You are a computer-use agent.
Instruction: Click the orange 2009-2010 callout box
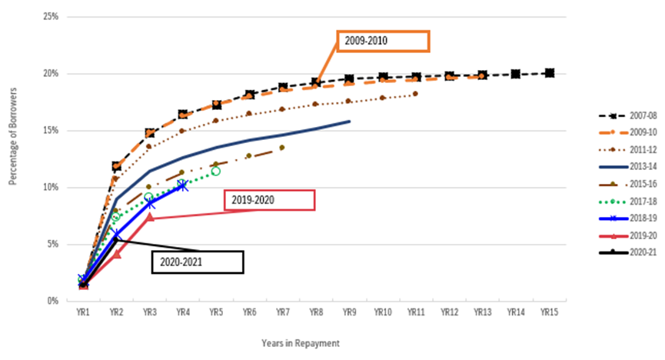(x=382, y=41)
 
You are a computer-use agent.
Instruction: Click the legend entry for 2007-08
(x=630, y=115)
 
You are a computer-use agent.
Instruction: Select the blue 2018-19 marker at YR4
(x=182, y=185)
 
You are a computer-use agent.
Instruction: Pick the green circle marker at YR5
(x=216, y=171)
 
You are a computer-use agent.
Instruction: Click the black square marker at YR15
(x=549, y=73)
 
